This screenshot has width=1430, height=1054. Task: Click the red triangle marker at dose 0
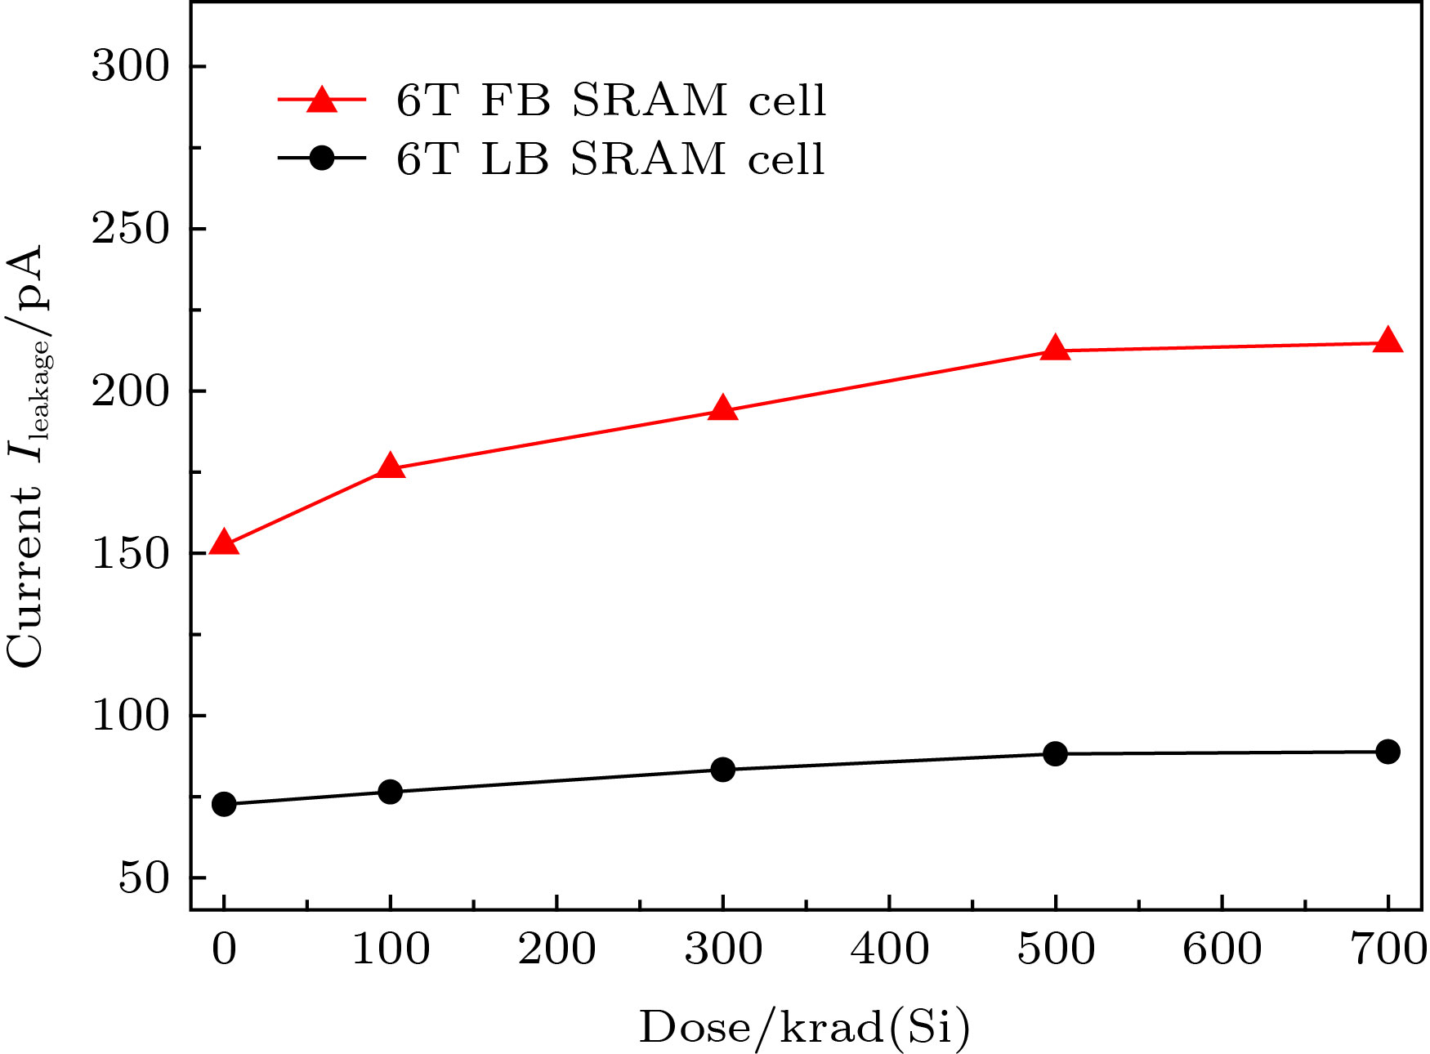pos(224,543)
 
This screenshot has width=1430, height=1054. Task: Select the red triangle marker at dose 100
pos(391,467)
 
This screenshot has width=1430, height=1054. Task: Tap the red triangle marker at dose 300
pos(722,409)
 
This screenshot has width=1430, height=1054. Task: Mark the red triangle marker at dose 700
pos(1388,342)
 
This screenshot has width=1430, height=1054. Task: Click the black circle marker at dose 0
pos(224,805)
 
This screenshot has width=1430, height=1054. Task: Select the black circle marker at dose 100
pos(391,792)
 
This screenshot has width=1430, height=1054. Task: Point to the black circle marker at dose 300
pos(722,770)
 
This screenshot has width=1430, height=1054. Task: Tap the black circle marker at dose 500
pos(1055,753)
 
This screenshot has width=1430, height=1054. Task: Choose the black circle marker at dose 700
pos(1388,752)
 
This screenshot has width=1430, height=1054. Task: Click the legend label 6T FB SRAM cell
pos(611,100)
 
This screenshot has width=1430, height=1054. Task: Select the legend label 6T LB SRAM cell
pos(610,159)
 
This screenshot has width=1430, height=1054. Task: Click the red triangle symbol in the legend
pos(322,100)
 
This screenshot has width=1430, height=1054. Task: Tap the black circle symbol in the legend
pos(322,158)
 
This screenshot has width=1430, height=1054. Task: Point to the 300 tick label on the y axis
pos(129,66)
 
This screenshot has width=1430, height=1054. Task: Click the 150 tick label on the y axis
pos(129,554)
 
